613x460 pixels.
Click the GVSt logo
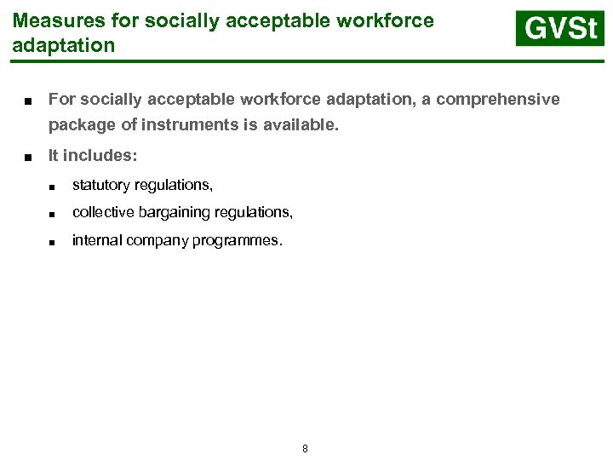point(559,29)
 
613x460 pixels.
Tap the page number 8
point(305,448)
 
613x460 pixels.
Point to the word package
point(79,126)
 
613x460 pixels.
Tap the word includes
point(100,156)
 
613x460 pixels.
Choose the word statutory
point(100,184)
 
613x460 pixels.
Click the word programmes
point(239,240)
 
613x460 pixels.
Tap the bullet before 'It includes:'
point(29,157)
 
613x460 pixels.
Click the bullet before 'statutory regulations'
point(53,186)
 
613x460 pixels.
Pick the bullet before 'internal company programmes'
point(53,242)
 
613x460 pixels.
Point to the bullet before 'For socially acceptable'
point(29,101)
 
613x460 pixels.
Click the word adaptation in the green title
point(64,45)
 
